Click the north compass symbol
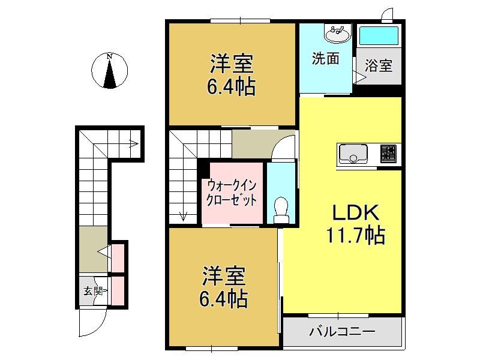coord(109,71)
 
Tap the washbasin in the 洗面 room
coord(337,34)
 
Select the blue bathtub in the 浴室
coord(379,36)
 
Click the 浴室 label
coord(379,65)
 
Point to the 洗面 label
coord(325,58)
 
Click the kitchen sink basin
coord(353,154)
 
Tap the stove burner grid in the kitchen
coord(388,154)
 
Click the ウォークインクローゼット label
coord(232,193)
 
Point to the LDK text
coord(356,212)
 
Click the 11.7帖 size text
coord(356,235)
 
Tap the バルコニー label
coord(342,332)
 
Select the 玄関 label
coord(93,291)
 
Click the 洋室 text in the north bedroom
coord(232,64)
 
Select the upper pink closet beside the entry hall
coord(118,258)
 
